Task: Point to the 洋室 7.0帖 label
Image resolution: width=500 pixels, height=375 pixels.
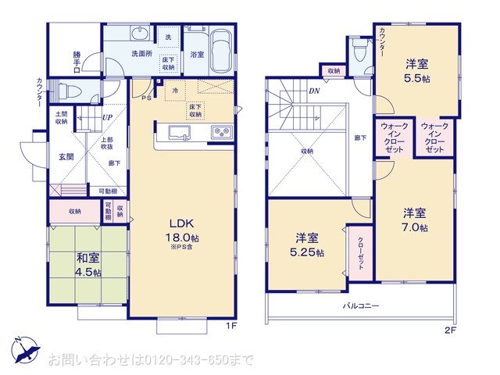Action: pyautogui.click(x=415, y=220)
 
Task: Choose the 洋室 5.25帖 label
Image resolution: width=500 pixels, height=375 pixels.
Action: pyautogui.click(x=307, y=244)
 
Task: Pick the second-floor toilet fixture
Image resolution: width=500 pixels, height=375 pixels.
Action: pyautogui.click(x=359, y=51)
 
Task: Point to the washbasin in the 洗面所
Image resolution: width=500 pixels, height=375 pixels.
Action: pyautogui.click(x=140, y=34)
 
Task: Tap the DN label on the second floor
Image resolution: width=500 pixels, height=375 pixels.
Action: pyautogui.click(x=313, y=91)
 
